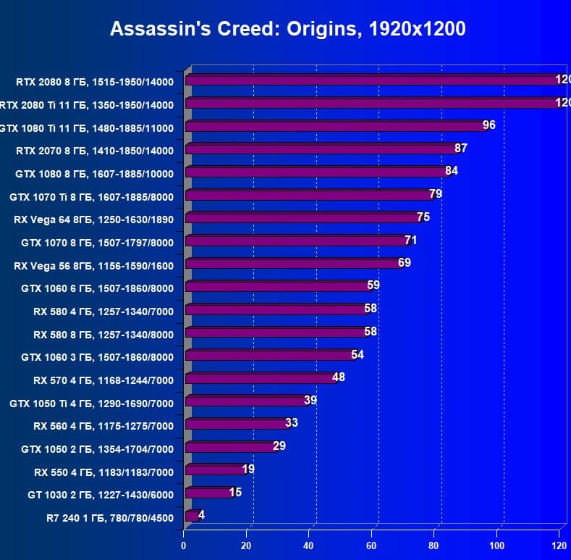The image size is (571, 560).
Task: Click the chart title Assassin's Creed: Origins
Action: pos(287,29)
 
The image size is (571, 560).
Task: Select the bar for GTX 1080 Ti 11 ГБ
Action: pos(337,127)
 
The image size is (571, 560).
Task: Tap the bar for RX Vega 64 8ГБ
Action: pos(303,218)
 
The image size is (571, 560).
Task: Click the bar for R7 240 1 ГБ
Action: pos(192,517)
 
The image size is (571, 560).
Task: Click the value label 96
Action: pos(489,125)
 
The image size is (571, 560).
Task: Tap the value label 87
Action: pos(461,148)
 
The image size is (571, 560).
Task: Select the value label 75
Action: pos(423,217)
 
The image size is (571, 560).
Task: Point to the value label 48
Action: pos(339,377)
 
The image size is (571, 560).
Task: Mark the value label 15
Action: pos(235,493)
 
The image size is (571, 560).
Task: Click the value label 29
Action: pos(279,446)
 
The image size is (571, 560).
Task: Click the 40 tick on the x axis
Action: pos(309,545)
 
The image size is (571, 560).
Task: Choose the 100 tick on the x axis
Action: pos(497,545)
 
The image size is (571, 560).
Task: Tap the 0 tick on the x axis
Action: pos(185,545)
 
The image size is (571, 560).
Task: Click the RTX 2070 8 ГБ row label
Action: pos(94,151)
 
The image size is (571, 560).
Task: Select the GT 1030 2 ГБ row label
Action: pos(100,495)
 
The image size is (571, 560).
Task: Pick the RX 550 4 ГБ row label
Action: pos(103,472)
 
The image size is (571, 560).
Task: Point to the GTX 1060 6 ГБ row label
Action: pos(98,288)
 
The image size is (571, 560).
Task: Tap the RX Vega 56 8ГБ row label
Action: pos(93,265)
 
